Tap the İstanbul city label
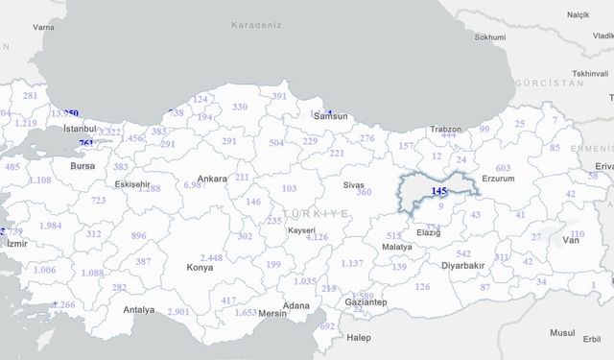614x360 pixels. click(79, 128)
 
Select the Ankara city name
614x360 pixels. click(211, 179)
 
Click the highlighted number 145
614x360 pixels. click(439, 192)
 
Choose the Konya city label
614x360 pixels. click(201, 268)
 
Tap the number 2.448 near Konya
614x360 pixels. click(212, 257)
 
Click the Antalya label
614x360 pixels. click(138, 309)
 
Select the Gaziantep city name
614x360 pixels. click(366, 302)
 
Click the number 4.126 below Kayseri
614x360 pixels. click(317, 237)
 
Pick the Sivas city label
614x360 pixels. click(354, 183)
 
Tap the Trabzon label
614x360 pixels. click(445, 130)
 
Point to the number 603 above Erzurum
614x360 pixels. click(503, 168)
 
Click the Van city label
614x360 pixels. click(572, 241)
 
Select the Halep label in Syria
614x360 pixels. click(358, 338)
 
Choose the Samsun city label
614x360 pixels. click(331, 116)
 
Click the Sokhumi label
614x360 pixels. click(489, 37)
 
